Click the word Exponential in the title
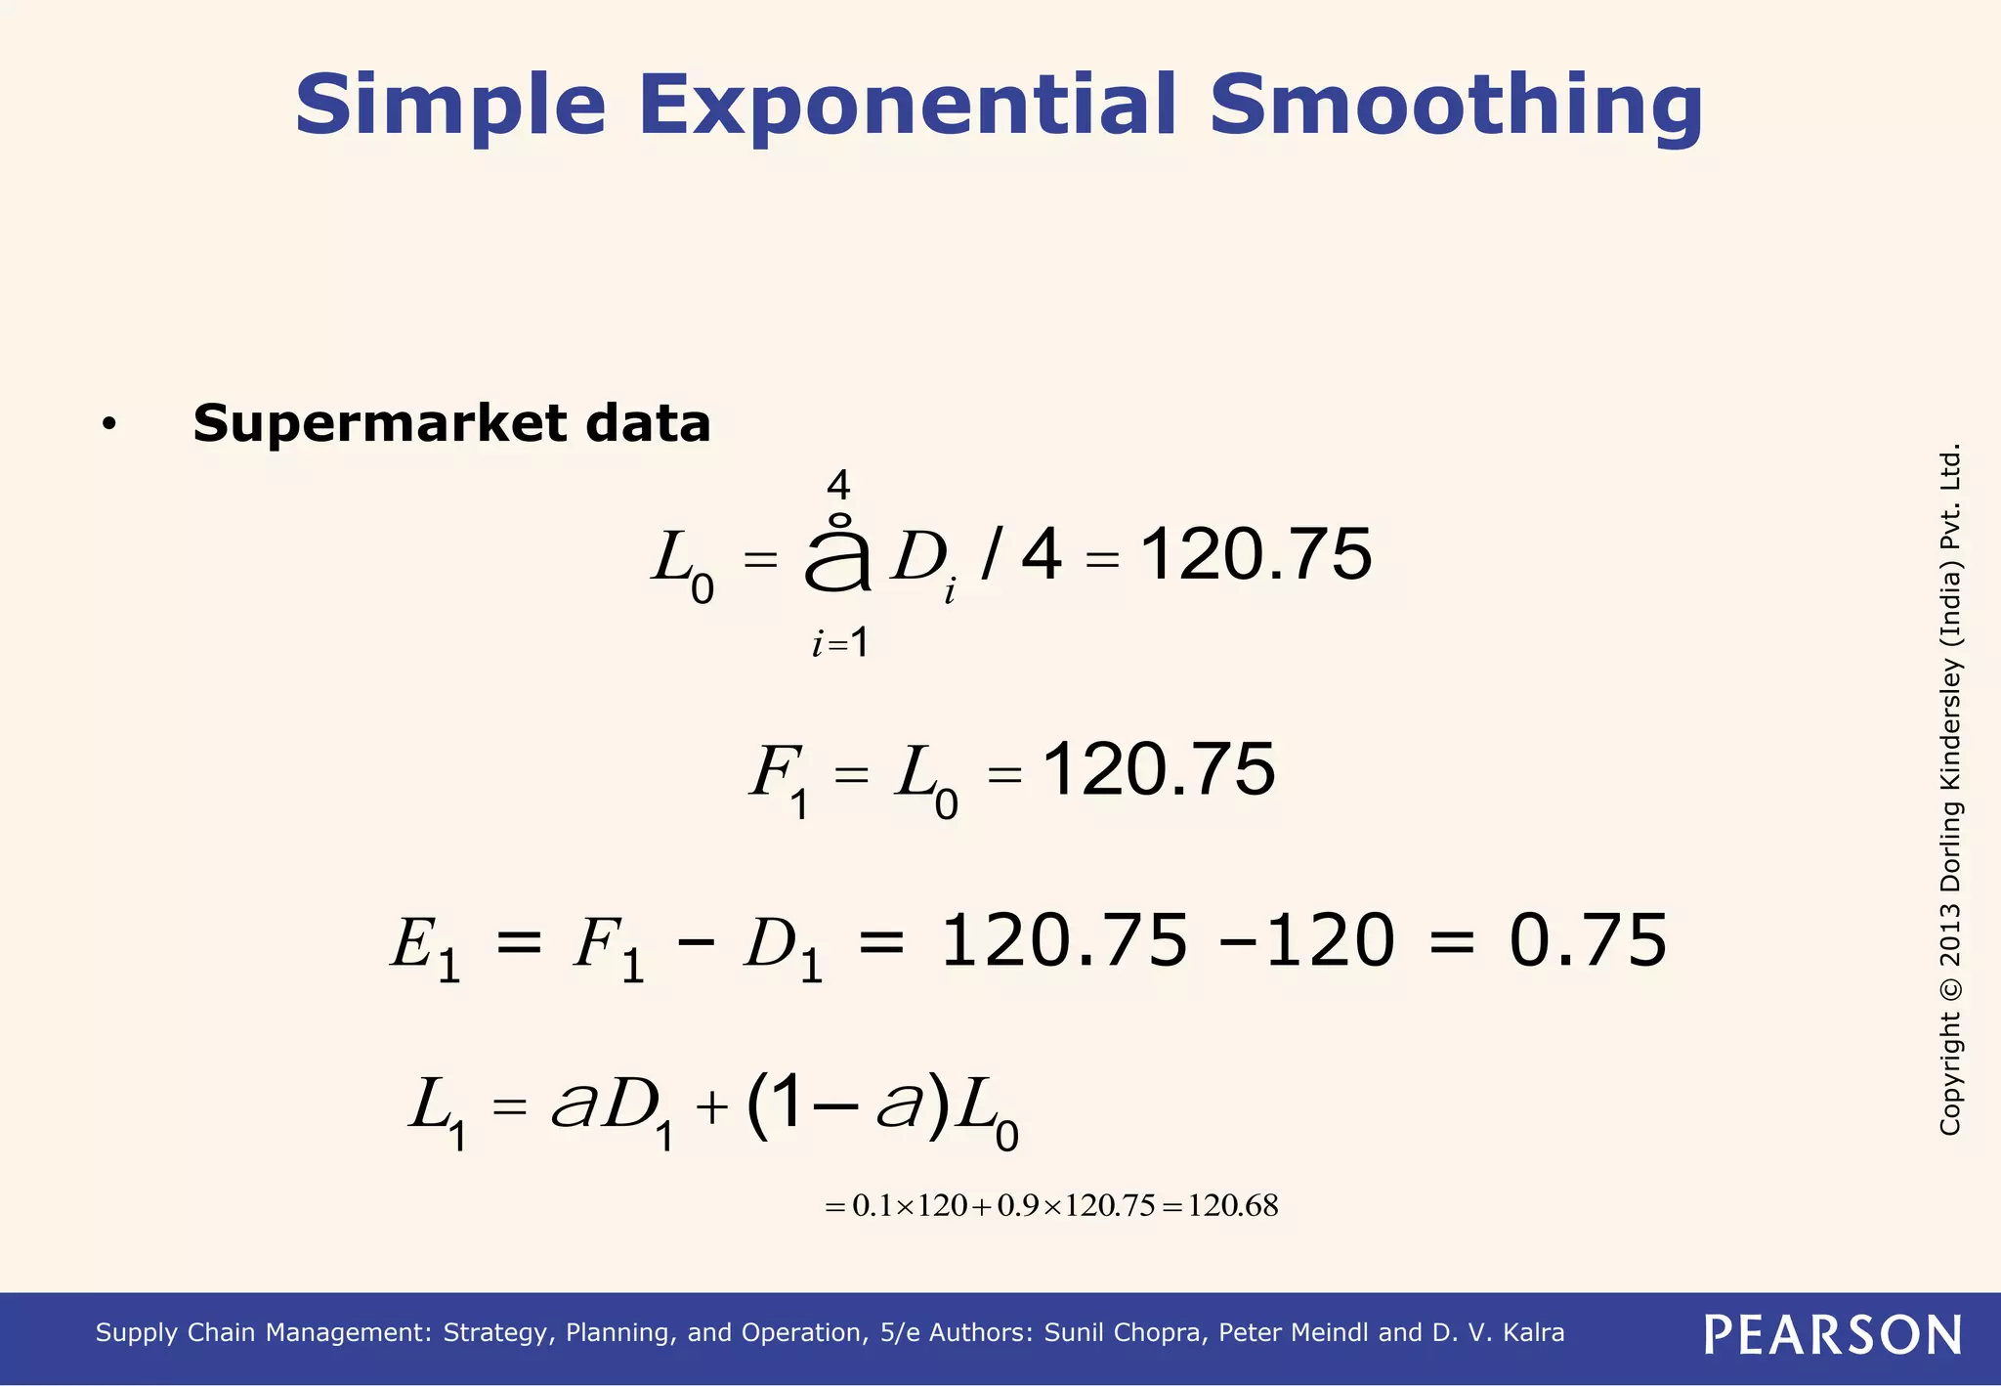coord(908,106)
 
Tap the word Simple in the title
coord(449,106)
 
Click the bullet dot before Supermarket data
coord(108,424)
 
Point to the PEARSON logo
coord(1832,1335)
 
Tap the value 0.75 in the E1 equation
coord(1587,941)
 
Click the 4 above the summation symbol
coord(838,485)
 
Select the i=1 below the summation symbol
coord(840,643)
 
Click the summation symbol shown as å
coord(837,557)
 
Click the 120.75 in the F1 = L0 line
coord(1159,770)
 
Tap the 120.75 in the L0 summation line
coord(1256,555)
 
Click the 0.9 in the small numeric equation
coord(1018,1206)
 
